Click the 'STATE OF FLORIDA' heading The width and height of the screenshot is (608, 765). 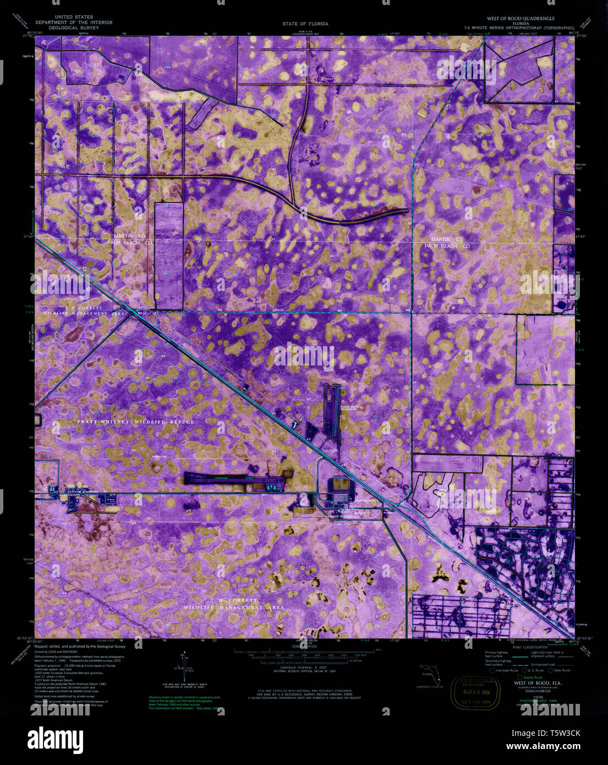tap(305, 24)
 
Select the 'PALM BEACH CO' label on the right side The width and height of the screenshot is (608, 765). tap(447, 246)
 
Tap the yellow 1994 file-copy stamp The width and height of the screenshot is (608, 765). tap(476, 693)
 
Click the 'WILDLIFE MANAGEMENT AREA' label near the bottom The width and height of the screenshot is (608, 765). tap(234, 607)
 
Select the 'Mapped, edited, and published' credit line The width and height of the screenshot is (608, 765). tap(80, 647)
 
